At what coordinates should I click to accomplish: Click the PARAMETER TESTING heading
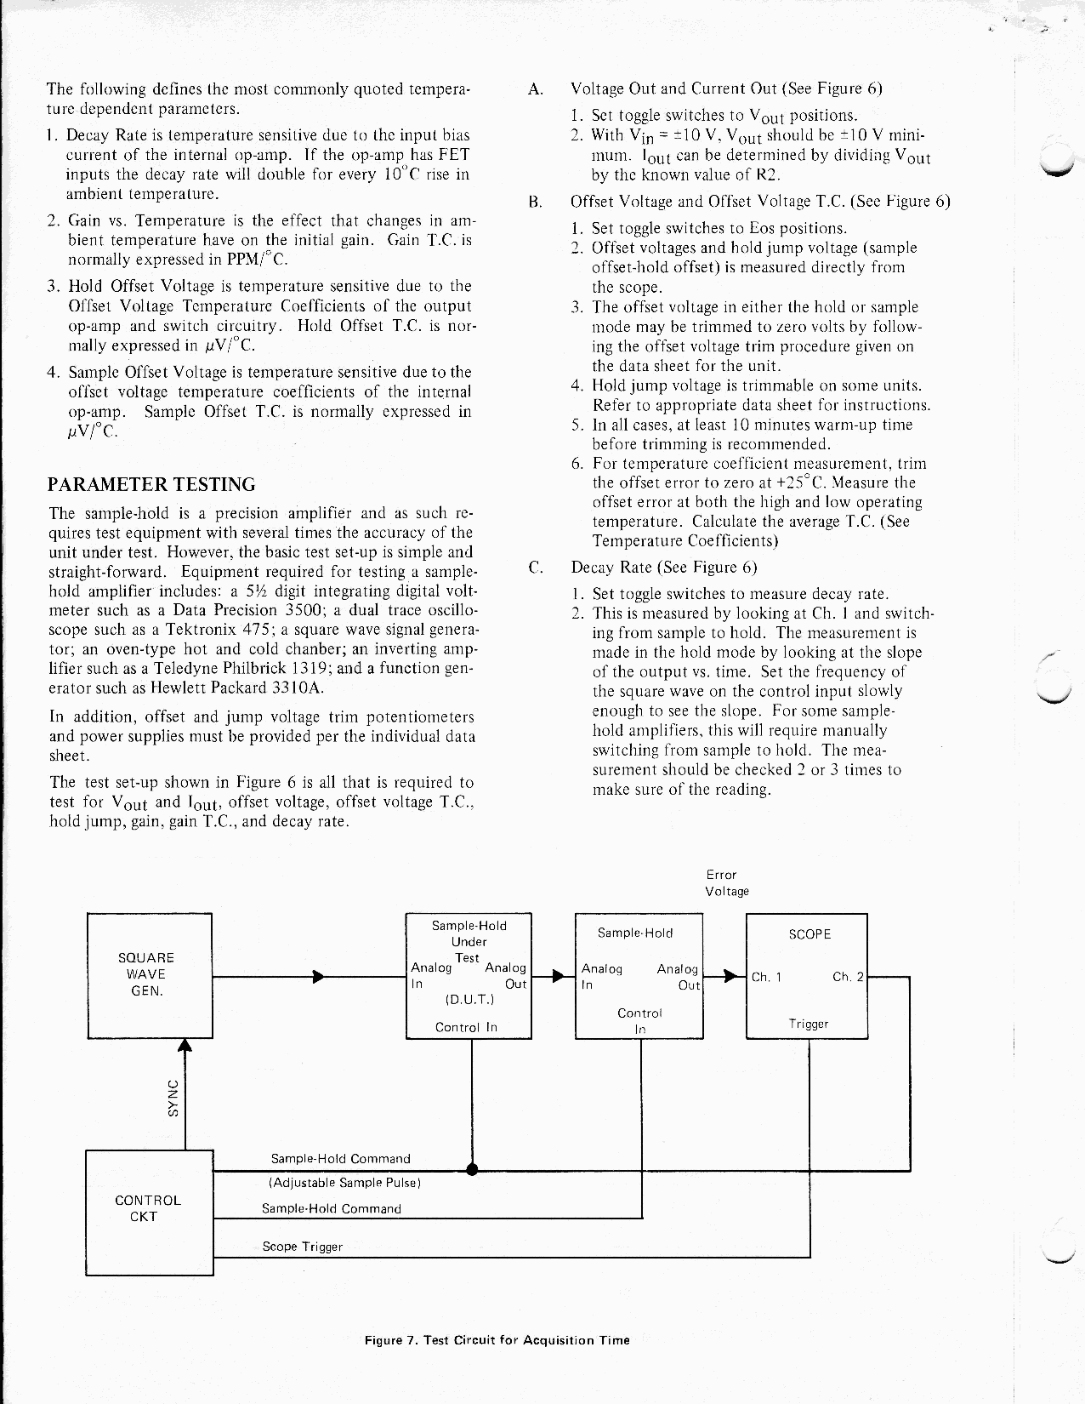tap(152, 485)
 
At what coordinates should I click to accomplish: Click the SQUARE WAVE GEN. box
tap(149, 975)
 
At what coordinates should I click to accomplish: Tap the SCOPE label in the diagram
tap(809, 934)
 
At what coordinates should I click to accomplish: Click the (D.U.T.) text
tap(469, 1001)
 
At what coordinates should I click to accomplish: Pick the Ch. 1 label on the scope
tap(766, 978)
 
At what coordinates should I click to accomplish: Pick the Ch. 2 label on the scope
tap(848, 977)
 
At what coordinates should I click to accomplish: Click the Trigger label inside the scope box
tap(808, 1024)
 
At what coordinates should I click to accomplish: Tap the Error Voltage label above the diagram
tap(726, 883)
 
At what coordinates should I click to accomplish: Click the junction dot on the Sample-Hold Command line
tap(472, 1168)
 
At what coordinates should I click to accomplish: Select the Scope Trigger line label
tap(302, 1247)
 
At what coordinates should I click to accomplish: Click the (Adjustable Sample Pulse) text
tap(345, 1183)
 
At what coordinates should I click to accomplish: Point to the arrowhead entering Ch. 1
tap(730, 976)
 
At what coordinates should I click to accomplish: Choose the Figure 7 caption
tap(497, 1340)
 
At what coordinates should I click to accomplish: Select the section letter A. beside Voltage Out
tap(535, 89)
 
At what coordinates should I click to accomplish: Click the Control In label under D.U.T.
tap(466, 1027)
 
